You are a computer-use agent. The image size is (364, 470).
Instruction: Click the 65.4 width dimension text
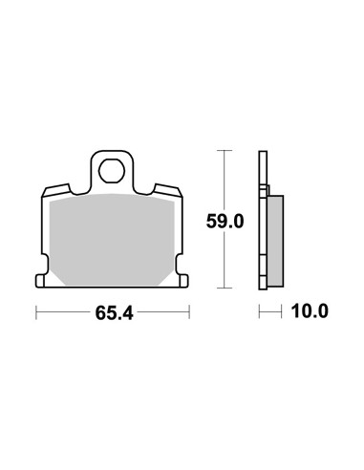pyautogui.click(x=114, y=313)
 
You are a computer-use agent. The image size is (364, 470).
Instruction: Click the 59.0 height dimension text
pyautogui.click(x=225, y=222)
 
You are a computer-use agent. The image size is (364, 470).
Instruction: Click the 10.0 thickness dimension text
pyautogui.click(x=310, y=311)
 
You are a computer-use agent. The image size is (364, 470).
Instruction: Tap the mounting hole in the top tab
pyautogui.click(x=112, y=171)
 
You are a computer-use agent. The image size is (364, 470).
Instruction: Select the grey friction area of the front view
pyautogui.click(x=112, y=240)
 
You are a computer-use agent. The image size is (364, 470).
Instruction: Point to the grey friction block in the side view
pyautogui.click(x=275, y=241)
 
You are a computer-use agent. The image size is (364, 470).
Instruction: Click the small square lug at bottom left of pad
pyautogui.click(x=39, y=281)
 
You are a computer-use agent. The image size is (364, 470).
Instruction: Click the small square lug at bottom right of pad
pyautogui.click(x=184, y=281)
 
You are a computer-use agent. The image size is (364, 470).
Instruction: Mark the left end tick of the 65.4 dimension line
pyautogui.click(x=36, y=312)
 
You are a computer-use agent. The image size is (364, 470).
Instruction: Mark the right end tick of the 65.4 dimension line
pyautogui.click(x=189, y=312)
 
